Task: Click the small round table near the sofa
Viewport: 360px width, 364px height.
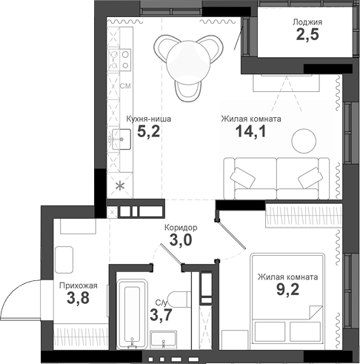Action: [303, 139]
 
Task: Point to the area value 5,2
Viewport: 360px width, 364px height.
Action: [144, 132]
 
